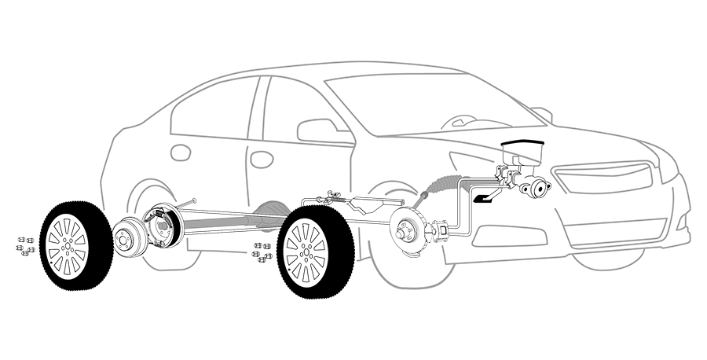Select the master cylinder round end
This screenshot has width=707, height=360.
click(541, 188)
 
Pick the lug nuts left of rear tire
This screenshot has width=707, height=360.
click(24, 245)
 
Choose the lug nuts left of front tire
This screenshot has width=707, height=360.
click(261, 252)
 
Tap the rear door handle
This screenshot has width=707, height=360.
click(181, 152)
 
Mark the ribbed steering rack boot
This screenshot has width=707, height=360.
click(438, 186)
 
